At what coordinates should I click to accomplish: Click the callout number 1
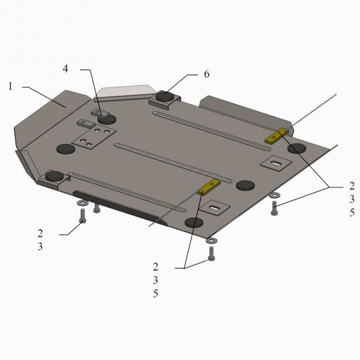10,87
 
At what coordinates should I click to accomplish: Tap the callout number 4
65,69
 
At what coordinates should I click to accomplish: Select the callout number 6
207,74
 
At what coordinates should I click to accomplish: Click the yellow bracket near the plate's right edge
277,136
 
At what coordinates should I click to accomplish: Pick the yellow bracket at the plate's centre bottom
209,187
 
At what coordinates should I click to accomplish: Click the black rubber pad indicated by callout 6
165,96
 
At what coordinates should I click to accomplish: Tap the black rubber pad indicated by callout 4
107,119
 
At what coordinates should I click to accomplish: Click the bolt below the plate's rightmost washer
275,208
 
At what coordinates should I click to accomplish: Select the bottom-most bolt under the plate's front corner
211,253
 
